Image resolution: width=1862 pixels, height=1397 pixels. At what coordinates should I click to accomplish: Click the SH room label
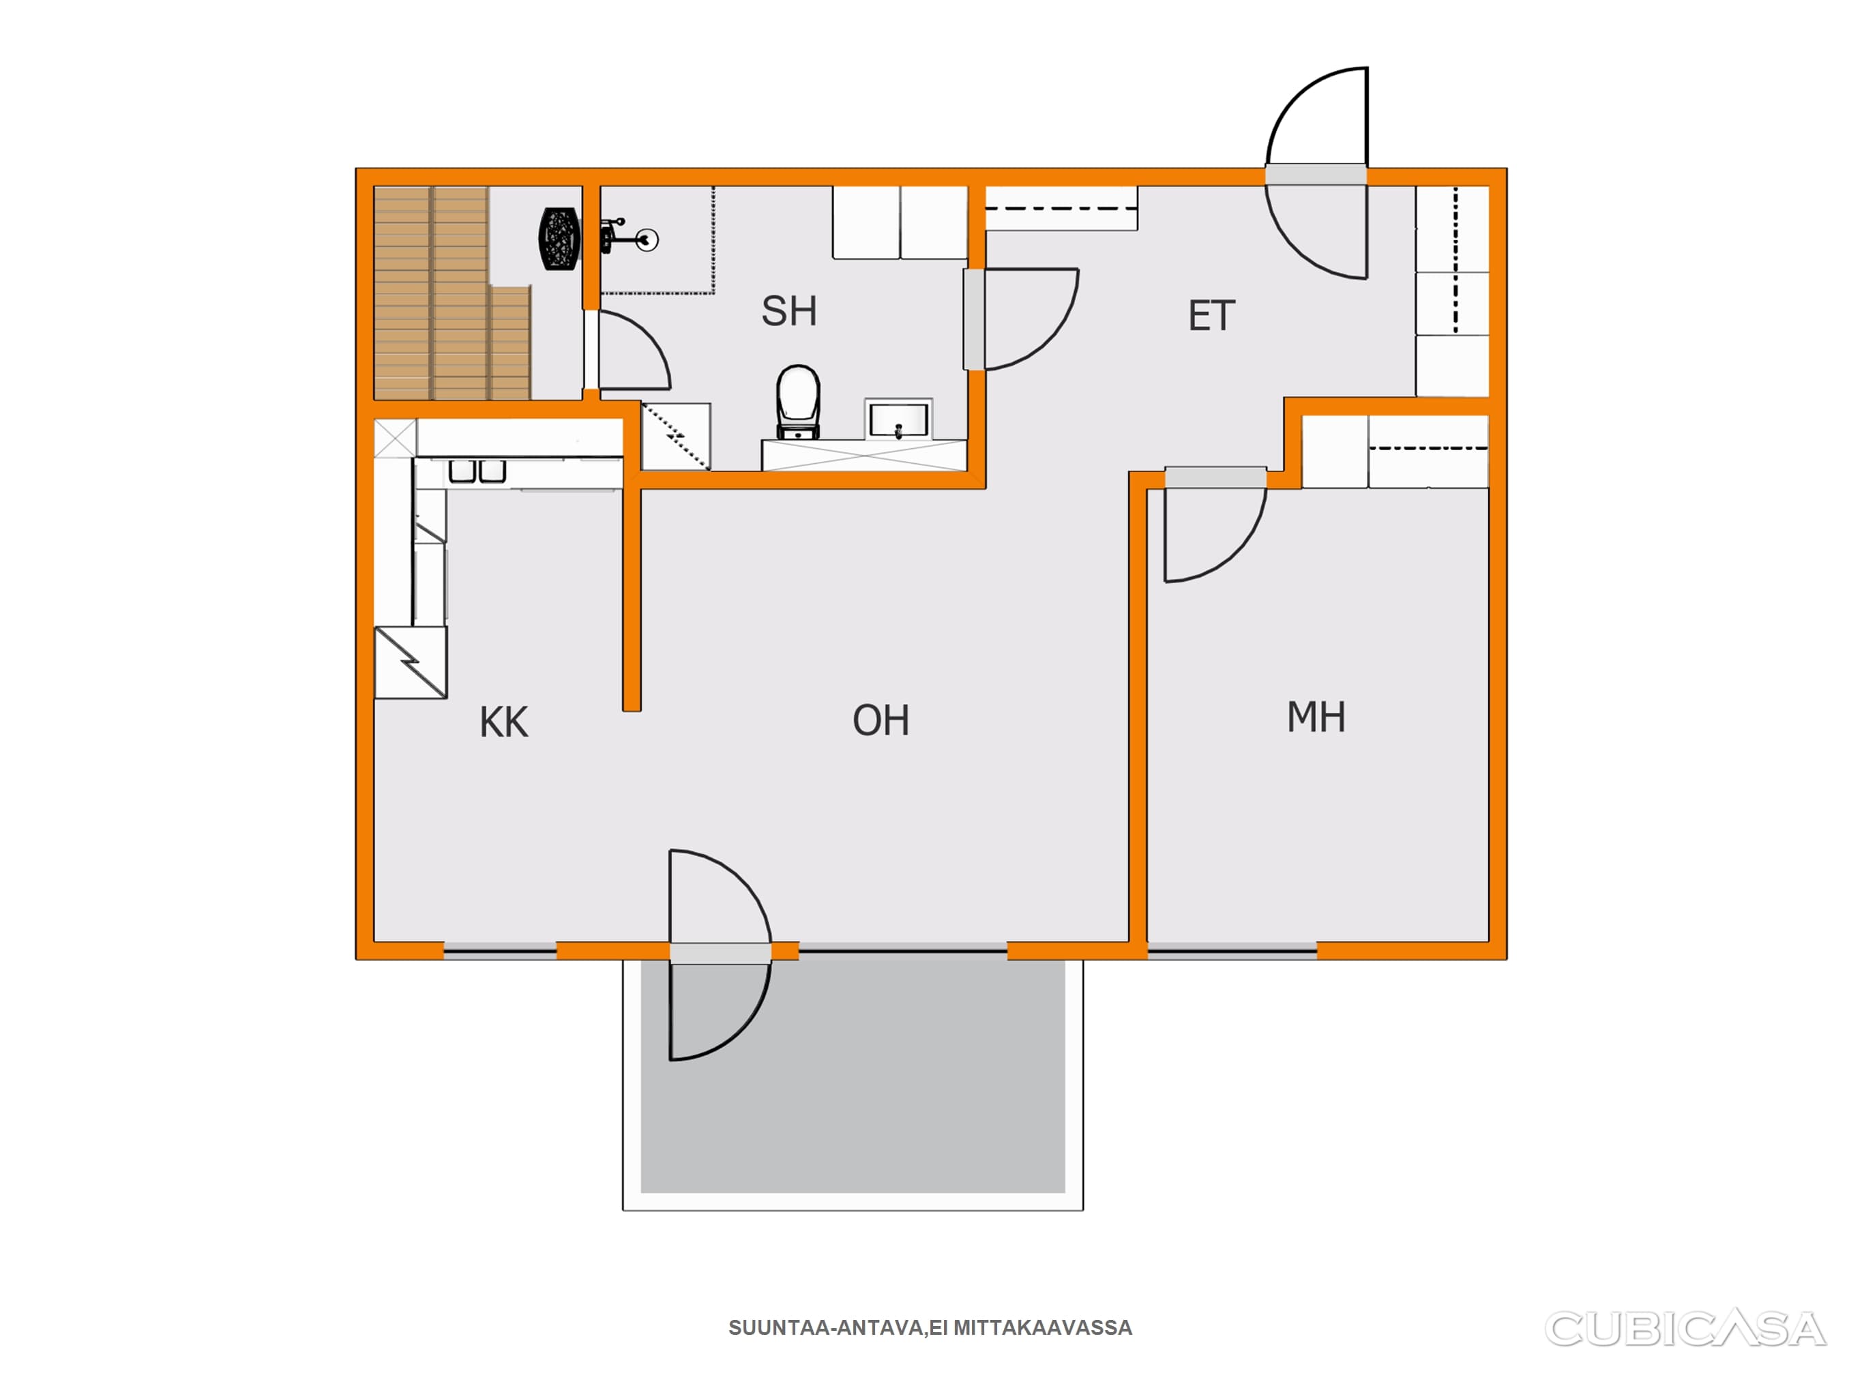point(788,311)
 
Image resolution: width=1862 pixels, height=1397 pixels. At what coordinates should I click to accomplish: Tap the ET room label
point(1211,316)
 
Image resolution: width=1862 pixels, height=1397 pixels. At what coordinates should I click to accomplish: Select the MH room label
point(1316,717)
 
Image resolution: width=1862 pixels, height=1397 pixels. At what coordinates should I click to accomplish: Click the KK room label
point(503,722)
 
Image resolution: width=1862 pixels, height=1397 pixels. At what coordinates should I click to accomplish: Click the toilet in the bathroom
point(798,402)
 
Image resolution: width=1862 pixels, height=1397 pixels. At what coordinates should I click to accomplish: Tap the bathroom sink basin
point(898,420)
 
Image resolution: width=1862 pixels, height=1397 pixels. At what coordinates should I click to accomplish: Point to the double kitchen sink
point(477,470)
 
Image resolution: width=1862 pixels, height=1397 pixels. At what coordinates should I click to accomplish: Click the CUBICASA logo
point(1685,1329)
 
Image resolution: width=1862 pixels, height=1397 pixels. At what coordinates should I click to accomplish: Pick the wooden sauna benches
point(452,293)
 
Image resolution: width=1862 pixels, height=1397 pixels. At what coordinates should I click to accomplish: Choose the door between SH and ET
point(1020,319)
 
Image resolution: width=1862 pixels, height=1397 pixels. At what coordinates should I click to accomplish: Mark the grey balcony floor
point(853,1077)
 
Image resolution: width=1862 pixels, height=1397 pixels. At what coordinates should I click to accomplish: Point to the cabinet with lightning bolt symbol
point(410,663)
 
